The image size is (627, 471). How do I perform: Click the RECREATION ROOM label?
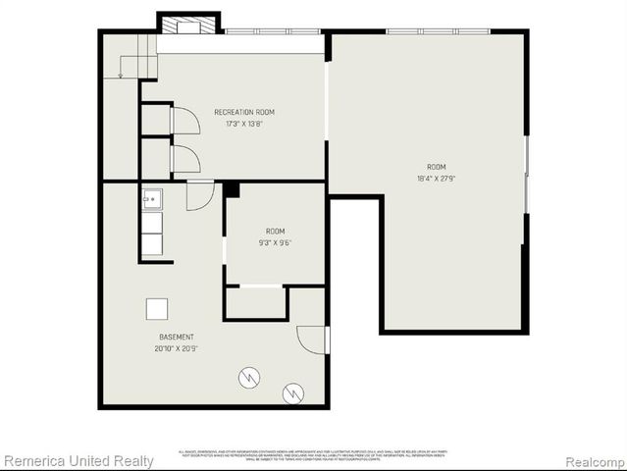pyautogui.click(x=244, y=112)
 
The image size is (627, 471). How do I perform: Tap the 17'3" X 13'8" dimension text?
pyautogui.click(x=244, y=124)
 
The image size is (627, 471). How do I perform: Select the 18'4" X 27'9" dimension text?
pyautogui.click(x=436, y=179)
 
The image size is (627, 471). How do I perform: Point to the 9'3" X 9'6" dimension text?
pyautogui.click(x=275, y=242)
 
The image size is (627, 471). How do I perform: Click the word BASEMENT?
pyautogui.click(x=177, y=337)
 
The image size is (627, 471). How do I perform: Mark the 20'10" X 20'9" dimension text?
pyautogui.click(x=177, y=348)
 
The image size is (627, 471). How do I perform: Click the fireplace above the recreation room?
pyautogui.click(x=188, y=24)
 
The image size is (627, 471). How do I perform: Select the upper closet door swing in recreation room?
pyautogui.click(x=185, y=121)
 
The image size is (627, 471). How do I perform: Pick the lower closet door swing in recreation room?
pyautogui.click(x=185, y=159)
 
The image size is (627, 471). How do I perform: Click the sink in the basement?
pyautogui.click(x=152, y=199)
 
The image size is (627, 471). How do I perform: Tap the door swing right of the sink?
pyautogui.click(x=200, y=195)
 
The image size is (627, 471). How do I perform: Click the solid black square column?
pyautogui.click(x=232, y=189)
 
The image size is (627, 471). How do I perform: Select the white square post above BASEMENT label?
pyautogui.click(x=158, y=309)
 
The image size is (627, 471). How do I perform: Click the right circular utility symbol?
pyautogui.click(x=292, y=393)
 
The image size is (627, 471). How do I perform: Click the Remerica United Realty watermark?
pyautogui.click(x=78, y=461)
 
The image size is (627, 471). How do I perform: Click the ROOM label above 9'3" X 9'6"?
pyautogui.click(x=275, y=231)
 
